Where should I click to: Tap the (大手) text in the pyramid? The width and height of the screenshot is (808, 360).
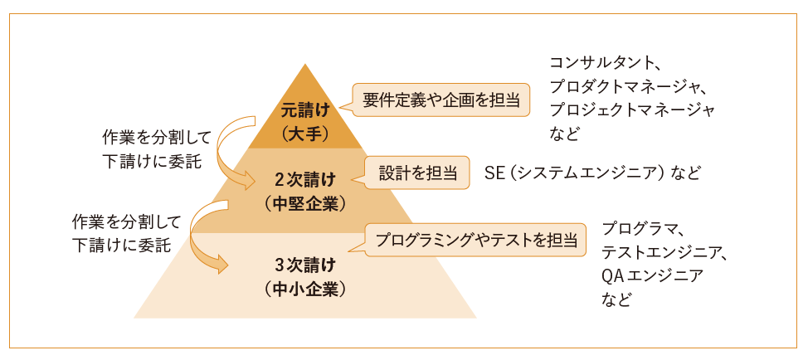305,132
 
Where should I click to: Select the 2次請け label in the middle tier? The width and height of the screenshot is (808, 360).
305,178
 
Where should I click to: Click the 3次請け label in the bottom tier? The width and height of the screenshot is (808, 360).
305,265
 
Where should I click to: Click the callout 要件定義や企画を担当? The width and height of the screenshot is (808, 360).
441,100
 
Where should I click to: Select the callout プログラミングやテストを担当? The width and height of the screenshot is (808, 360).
475,241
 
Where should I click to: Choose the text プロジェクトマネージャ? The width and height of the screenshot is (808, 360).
632,109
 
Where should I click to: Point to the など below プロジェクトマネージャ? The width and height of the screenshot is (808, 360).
563,132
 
